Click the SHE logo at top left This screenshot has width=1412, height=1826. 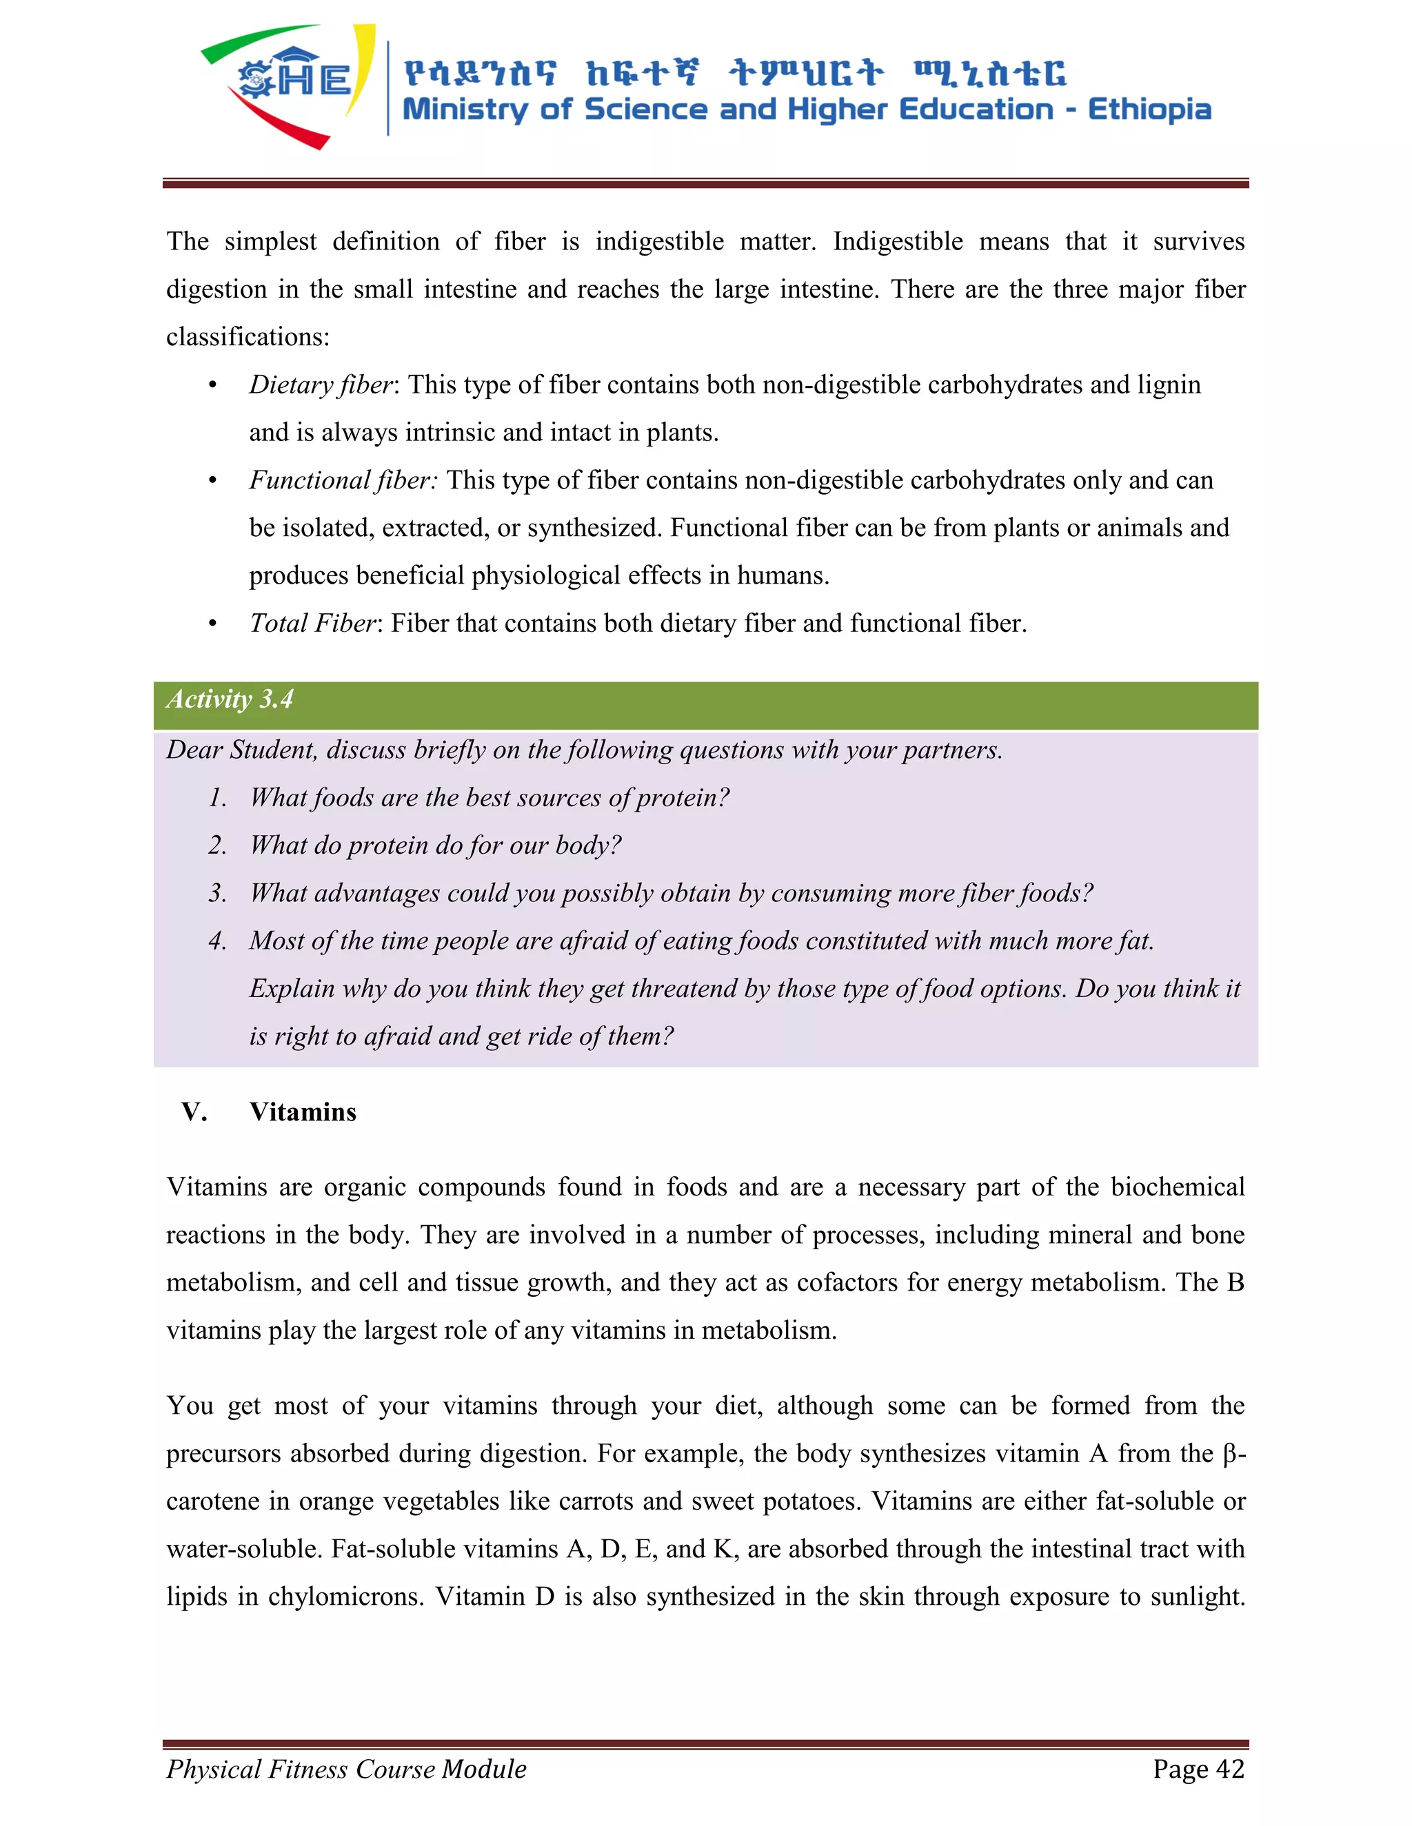coord(289,83)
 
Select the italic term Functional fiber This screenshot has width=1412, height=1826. coord(342,480)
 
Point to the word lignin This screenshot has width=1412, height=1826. coord(1169,384)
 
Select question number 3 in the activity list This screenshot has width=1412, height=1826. coord(217,893)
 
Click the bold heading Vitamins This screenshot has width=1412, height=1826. coord(303,1112)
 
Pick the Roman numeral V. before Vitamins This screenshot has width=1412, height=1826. coord(194,1112)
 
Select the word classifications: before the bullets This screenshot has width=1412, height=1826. coord(248,337)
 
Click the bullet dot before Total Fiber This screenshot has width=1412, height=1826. coord(212,624)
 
